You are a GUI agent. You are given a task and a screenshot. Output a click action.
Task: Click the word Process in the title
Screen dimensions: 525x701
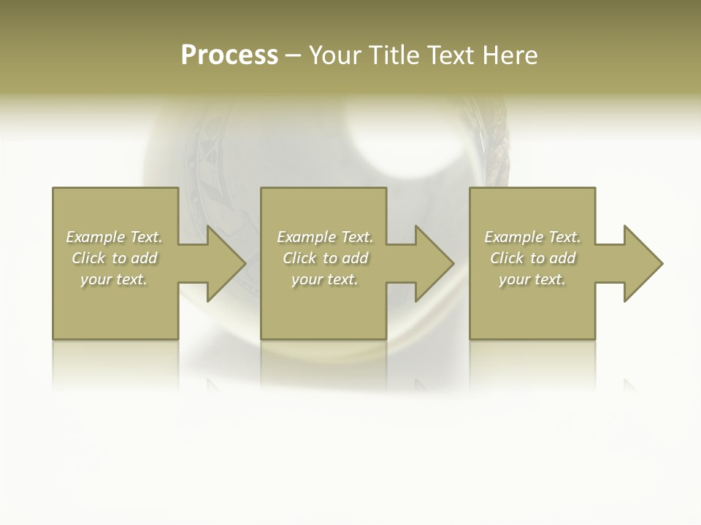[229, 55]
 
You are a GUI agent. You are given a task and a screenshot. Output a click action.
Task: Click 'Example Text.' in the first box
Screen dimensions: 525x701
[114, 237]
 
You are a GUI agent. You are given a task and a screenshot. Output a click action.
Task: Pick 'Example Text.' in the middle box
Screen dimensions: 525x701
[324, 237]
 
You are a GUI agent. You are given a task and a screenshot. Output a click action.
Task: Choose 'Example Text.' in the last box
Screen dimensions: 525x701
[532, 237]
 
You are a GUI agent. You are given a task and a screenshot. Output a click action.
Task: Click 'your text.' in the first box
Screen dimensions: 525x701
[114, 279]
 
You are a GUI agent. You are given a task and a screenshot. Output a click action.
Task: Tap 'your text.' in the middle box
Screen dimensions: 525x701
[324, 279]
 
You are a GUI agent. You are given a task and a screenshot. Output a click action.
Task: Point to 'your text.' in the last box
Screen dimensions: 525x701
[532, 279]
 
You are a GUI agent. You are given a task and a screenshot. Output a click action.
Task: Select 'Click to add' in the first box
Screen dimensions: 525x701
[114, 258]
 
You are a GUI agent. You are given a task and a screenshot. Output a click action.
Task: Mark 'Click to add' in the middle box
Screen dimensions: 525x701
[324, 258]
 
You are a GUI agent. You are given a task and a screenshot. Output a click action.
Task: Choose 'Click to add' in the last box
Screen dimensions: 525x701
[532, 258]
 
